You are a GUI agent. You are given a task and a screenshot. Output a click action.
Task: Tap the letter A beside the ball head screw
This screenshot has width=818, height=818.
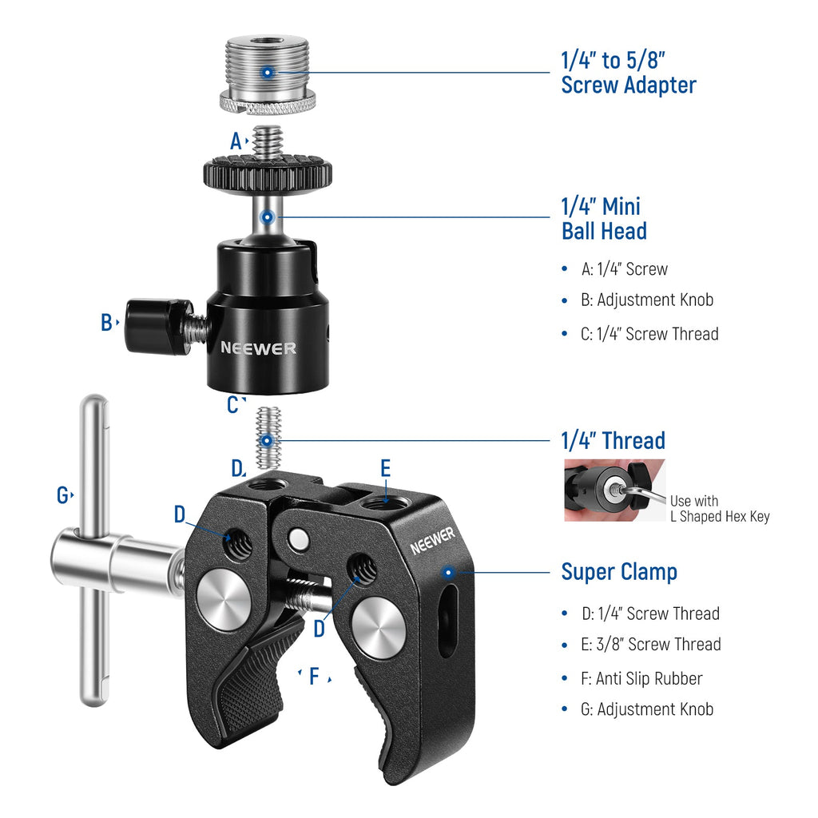click(236, 141)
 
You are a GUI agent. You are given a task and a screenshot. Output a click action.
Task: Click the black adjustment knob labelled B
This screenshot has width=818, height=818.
click(159, 327)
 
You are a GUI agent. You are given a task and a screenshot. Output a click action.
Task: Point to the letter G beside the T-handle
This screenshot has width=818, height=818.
click(62, 495)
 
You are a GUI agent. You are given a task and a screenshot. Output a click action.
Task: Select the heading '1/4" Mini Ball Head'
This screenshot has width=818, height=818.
click(604, 219)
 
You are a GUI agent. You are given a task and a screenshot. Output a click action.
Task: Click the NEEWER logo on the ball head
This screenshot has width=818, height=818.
click(258, 348)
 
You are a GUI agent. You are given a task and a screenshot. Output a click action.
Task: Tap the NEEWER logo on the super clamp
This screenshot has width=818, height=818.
click(432, 541)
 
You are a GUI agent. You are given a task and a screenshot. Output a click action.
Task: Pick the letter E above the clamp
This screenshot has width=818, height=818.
click(386, 468)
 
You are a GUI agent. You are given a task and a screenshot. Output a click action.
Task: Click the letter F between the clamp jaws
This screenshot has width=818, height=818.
click(314, 676)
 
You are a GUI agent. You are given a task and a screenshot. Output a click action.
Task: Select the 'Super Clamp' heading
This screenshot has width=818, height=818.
click(619, 572)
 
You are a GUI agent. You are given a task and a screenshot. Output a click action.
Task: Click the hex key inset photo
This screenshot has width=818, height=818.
click(614, 490)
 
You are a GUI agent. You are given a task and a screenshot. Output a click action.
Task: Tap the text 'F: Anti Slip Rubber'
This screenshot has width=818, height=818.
click(641, 678)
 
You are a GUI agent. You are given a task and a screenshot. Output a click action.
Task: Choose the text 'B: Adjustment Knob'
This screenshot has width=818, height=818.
click(647, 300)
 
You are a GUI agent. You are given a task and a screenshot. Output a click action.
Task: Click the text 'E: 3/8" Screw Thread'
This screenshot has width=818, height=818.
click(651, 645)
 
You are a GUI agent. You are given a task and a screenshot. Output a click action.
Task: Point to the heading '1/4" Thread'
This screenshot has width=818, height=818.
click(613, 441)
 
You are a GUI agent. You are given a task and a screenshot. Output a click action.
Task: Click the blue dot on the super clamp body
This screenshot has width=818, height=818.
click(447, 572)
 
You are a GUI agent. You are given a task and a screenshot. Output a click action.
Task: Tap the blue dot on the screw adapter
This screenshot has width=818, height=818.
click(267, 72)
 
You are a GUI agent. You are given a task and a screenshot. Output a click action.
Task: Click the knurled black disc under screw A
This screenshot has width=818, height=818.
click(268, 173)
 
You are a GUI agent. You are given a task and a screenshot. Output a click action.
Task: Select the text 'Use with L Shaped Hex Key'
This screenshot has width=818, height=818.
click(720, 509)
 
